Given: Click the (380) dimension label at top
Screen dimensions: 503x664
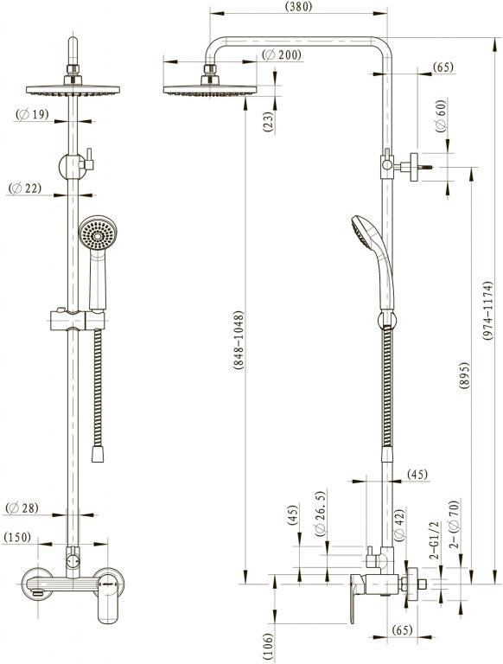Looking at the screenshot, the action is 298,6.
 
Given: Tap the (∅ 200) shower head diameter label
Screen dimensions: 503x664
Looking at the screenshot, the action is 282,55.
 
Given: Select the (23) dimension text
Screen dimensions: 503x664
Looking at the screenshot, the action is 269,122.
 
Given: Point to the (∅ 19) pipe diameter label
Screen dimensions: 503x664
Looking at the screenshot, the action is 32,114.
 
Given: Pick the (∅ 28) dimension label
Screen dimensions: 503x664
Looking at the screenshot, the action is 22,508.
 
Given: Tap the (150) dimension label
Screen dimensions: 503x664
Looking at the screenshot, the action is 17,538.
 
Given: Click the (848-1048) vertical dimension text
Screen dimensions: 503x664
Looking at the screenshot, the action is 239,341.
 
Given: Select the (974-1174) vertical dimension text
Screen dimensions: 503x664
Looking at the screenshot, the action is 487,311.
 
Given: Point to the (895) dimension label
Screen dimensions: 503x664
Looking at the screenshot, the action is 464,377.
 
